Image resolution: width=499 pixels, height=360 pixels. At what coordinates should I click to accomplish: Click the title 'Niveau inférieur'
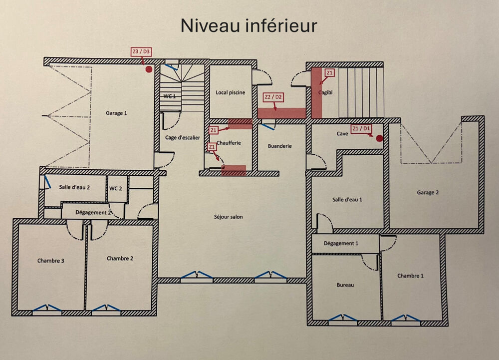(x=249, y=25)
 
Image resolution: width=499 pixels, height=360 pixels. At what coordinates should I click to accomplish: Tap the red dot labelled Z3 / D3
(x=148, y=69)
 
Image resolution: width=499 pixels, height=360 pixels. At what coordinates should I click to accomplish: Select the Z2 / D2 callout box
(x=273, y=97)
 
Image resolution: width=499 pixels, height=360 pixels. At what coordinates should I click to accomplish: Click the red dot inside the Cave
(x=379, y=138)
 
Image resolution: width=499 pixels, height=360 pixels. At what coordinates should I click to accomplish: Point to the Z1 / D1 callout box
(x=362, y=128)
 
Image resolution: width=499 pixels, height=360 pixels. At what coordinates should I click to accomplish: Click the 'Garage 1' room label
(x=116, y=113)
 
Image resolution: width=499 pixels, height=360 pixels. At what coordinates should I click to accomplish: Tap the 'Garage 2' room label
(x=428, y=193)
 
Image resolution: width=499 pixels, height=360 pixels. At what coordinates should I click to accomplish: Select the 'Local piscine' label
(x=230, y=92)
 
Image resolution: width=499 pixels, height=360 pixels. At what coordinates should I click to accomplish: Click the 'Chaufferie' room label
(x=229, y=143)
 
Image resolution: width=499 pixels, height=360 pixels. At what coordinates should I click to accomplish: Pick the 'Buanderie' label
(x=279, y=146)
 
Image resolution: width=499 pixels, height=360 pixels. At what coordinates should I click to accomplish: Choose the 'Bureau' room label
(x=345, y=285)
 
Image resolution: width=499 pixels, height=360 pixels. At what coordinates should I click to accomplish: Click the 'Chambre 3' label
(x=50, y=261)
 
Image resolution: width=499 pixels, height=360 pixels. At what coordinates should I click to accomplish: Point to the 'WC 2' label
(x=116, y=188)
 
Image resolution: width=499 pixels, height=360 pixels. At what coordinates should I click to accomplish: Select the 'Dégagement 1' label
(x=341, y=243)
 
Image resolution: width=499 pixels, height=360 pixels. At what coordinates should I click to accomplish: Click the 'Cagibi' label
(x=325, y=93)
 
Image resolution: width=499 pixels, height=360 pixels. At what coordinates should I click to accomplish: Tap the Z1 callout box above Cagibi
(x=329, y=73)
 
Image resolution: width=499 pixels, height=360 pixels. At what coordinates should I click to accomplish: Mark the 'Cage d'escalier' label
(x=183, y=138)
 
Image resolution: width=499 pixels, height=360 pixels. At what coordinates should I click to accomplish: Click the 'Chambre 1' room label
(x=411, y=276)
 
